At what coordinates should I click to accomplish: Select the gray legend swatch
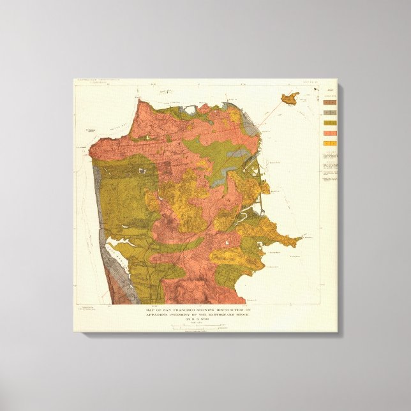pyautogui.click(x=330, y=112)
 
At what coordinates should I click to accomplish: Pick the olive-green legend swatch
pyautogui.click(x=330, y=122)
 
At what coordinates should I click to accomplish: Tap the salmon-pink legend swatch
pyautogui.click(x=330, y=133)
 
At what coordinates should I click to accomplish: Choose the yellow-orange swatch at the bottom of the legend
pyautogui.click(x=330, y=143)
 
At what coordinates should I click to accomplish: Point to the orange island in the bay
pyautogui.click(x=289, y=98)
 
